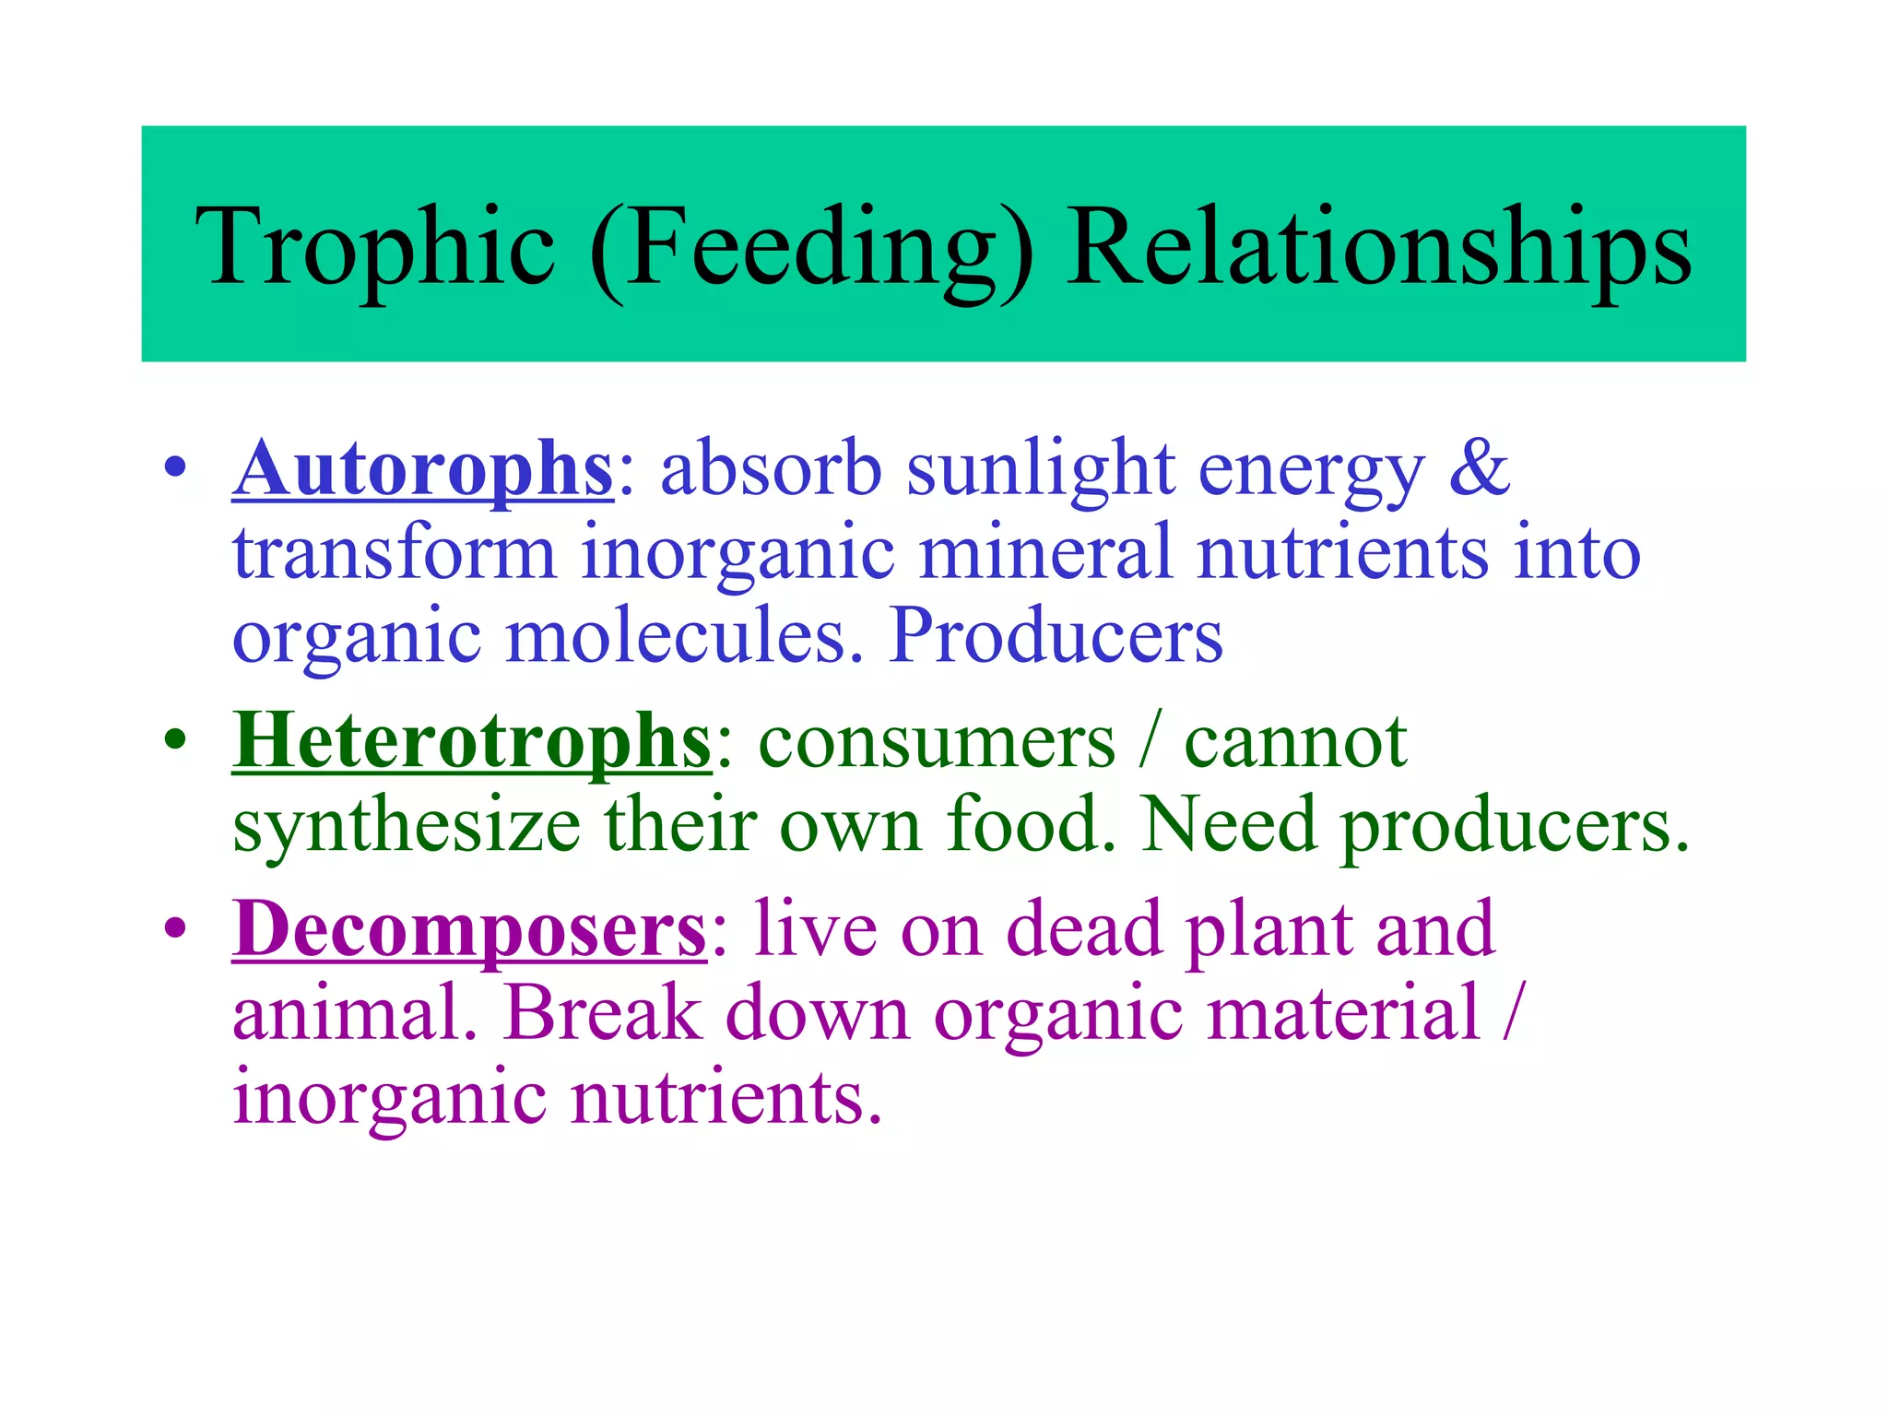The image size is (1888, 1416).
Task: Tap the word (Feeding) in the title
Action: (811, 247)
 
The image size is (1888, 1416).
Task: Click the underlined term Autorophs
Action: (422, 469)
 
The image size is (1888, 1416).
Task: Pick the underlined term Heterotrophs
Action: (472, 741)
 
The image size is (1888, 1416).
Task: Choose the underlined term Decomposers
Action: (469, 929)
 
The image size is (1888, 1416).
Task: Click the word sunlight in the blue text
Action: (1041, 469)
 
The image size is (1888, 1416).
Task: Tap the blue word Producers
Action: (1056, 636)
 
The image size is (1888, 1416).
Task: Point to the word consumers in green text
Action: (937, 742)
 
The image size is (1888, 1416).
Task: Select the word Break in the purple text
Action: (603, 1014)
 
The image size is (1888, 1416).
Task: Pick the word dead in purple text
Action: (1084, 929)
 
